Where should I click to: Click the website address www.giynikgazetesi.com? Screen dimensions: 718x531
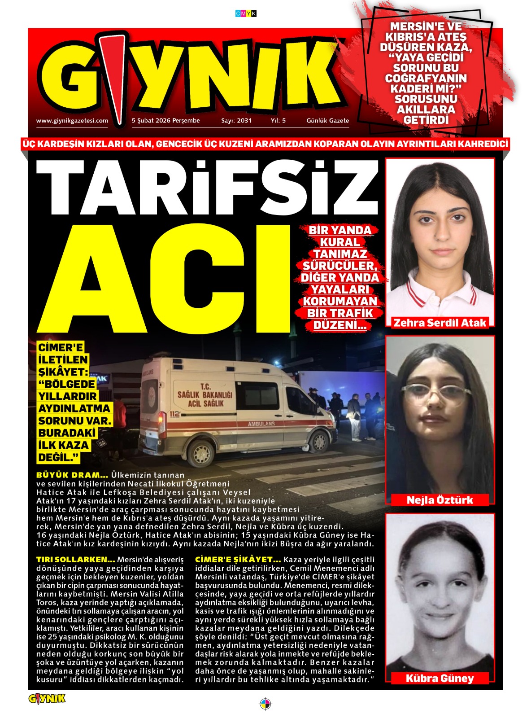pyautogui.click(x=72, y=121)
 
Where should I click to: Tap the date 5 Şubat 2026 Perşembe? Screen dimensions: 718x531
pyautogui.click(x=165, y=121)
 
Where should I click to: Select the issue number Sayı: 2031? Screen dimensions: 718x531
pyautogui.click(x=236, y=121)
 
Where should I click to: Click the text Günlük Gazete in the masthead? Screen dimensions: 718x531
pyautogui.click(x=327, y=121)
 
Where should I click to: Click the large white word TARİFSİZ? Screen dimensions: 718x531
pyautogui.click(x=206, y=188)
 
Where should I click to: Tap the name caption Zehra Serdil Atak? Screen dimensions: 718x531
pyautogui.click(x=440, y=323)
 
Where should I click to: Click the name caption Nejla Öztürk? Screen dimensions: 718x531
pyautogui.click(x=440, y=500)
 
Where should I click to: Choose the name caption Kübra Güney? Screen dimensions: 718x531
pyautogui.click(x=440, y=678)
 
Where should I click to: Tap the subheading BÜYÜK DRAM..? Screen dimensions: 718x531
pyautogui.click(x=72, y=475)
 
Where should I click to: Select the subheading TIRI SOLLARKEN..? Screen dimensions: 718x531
pyautogui.click(x=75, y=560)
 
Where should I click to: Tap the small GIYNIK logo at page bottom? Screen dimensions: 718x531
pyautogui.click(x=47, y=699)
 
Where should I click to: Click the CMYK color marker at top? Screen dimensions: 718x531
pyautogui.click(x=246, y=13)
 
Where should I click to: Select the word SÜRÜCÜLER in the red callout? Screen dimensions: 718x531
pyautogui.click(x=340, y=266)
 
